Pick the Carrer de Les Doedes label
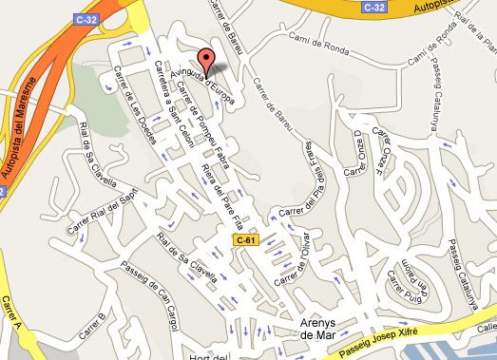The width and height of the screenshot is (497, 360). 132,99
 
